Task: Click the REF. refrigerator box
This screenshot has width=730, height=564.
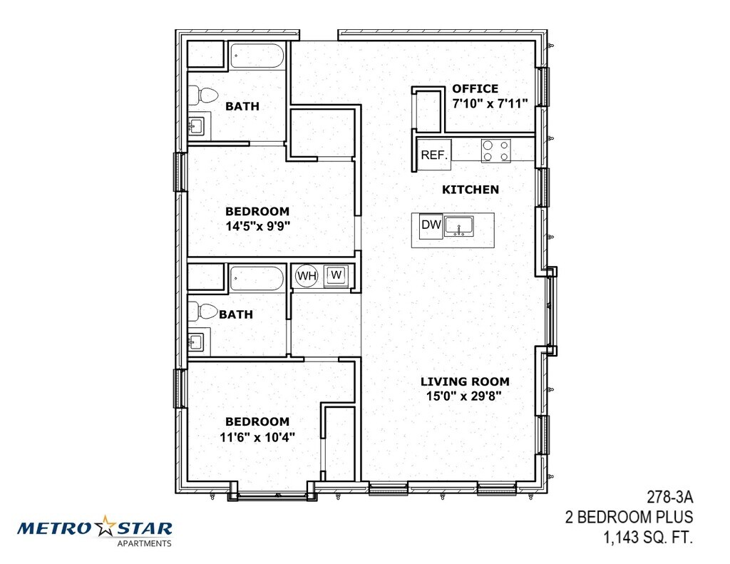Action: coord(434,155)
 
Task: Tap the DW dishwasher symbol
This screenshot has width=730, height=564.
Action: coord(431,225)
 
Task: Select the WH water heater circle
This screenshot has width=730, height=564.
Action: coord(307,276)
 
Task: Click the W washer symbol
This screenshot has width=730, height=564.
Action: coord(336,275)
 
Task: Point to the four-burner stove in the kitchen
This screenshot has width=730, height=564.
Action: coord(496,151)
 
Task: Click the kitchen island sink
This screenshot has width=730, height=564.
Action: coord(458,226)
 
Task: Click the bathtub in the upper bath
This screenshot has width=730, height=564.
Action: coord(257,57)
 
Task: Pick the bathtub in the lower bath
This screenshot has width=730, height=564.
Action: coord(257,279)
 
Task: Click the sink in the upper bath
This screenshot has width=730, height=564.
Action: coord(196,125)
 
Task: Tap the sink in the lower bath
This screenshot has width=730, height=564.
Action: coord(196,342)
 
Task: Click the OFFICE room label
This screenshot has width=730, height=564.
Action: coord(475,88)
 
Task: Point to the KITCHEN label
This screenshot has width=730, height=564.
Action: coord(471,190)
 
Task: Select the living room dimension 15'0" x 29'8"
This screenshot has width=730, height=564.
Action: coord(463,396)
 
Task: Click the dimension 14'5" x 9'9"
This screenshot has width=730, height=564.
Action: coord(258,226)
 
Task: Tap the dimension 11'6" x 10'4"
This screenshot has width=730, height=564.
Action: coord(257,437)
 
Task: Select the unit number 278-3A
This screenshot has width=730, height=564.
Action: coord(670,498)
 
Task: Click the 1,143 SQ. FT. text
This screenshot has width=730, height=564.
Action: coord(648,538)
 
